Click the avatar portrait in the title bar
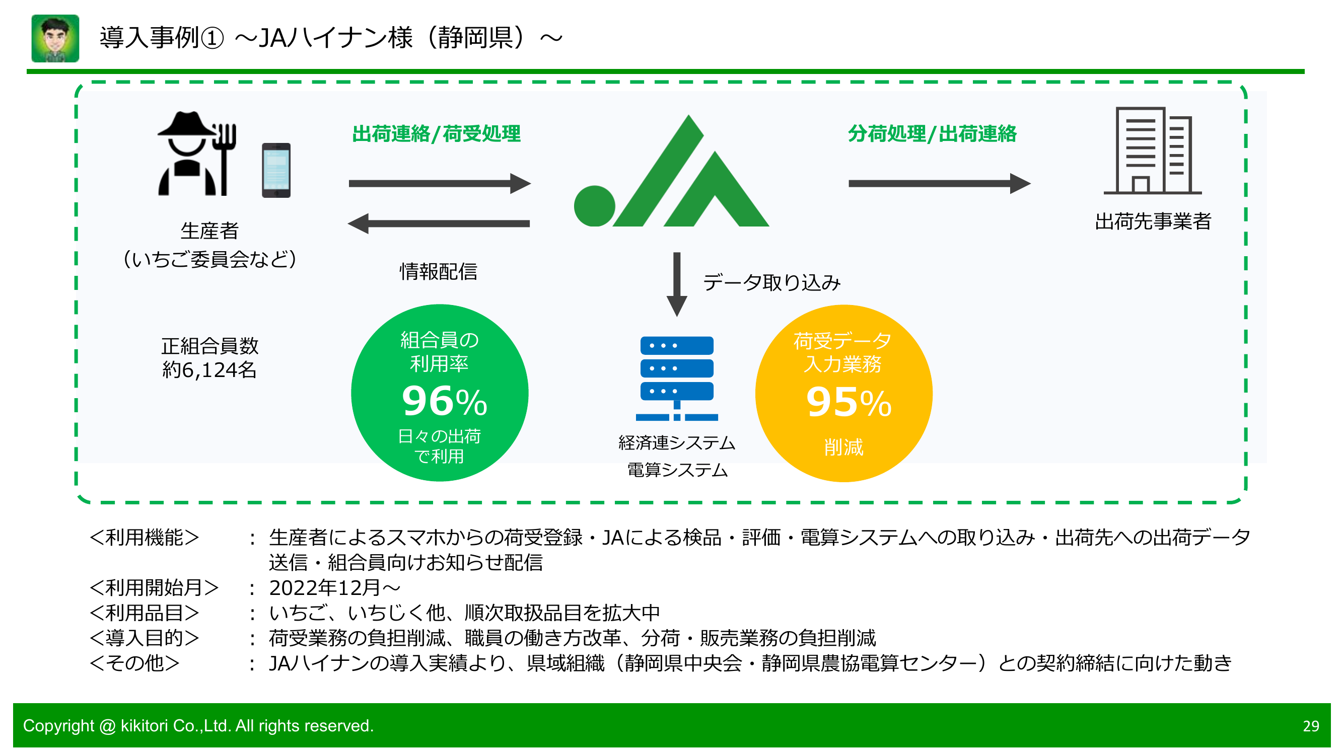(55, 39)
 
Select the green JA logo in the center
(672, 177)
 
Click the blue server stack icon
(676, 378)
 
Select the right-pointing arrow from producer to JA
(439, 183)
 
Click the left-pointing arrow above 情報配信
(439, 223)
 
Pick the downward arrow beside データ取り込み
(677, 284)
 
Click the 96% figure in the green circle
(444, 402)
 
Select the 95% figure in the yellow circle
(847, 403)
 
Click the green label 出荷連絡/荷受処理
(437, 134)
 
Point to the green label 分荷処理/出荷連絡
(932, 134)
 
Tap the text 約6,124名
(209, 370)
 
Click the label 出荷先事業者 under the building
(1152, 221)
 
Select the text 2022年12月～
(334, 588)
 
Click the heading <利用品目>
(145, 613)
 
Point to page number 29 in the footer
(1310, 726)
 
